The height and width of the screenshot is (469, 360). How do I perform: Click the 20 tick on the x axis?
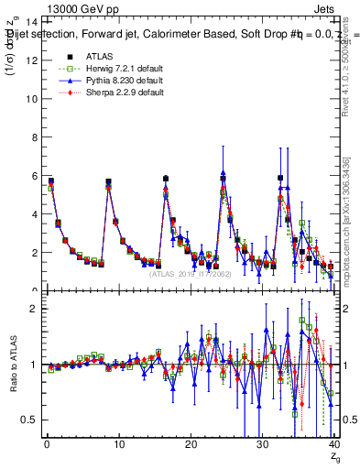189,446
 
